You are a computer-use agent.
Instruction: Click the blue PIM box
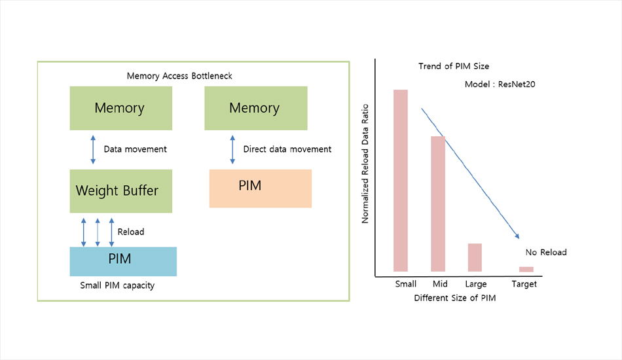pos(123,261)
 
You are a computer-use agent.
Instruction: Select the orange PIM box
pos(260,189)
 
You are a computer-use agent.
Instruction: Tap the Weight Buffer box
pos(120,191)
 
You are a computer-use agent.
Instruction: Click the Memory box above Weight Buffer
pos(120,108)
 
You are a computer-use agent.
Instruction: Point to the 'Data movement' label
pos(136,149)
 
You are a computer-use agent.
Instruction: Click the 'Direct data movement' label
pos(287,149)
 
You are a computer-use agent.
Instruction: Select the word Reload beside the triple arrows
pos(130,232)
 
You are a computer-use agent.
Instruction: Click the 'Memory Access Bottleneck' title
pos(179,76)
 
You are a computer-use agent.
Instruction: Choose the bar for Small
pos(401,180)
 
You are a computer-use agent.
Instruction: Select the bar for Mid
pos(438,204)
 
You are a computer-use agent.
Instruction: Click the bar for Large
pos(475,257)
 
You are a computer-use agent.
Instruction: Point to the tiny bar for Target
pos(526,269)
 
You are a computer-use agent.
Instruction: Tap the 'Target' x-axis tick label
pos(524,284)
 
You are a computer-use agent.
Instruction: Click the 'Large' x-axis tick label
pos(475,284)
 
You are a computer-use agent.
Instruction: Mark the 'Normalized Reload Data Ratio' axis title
pos(365,164)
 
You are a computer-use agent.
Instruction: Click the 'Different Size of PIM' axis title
pos(456,298)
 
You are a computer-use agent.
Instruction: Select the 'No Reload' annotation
pos(546,252)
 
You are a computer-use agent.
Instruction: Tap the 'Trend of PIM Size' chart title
pos(454,66)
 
